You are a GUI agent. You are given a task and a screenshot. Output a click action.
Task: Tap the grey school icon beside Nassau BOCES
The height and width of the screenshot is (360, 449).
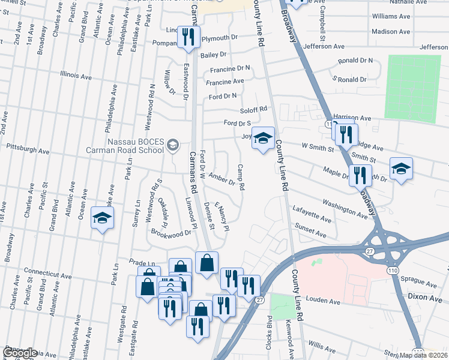(x=173, y=145)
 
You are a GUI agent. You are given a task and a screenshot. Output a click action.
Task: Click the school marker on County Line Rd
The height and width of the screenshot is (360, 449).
(x=262, y=139)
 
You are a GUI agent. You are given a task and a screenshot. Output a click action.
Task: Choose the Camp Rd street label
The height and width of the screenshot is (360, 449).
(x=241, y=178)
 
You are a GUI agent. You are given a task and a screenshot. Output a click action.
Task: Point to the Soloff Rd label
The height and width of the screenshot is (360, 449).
(x=253, y=110)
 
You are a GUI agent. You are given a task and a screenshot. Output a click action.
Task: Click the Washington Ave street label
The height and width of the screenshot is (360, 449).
(x=345, y=208)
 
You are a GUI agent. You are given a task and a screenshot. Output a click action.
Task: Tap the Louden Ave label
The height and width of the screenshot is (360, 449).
(x=322, y=299)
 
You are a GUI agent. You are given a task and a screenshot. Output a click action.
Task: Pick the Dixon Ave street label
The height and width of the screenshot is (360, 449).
(x=429, y=296)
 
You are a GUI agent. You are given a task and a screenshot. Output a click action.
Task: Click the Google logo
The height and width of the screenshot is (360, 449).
(x=20, y=352)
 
